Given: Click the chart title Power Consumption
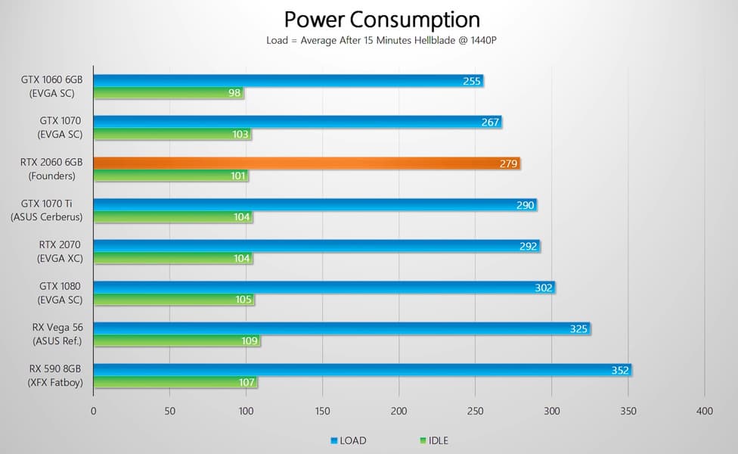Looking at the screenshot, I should pyautogui.click(x=382, y=19).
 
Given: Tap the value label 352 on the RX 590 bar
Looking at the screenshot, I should pyautogui.click(x=620, y=370).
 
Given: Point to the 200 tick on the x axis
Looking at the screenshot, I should pyautogui.click(x=399, y=412).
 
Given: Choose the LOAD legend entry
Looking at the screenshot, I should pyautogui.click(x=349, y=440).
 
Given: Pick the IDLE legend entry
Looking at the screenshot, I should pyautogui.click(x=433, y=440).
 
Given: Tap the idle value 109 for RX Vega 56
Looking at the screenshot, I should pyautogui.click(x=249, y=341).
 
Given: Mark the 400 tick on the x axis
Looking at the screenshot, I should pyautogui.click(x=704, y=412).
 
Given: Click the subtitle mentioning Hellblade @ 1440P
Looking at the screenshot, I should pyautogui.click(x=381, y=39).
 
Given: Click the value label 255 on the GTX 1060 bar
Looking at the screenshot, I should pyautogui.click(x=472, y=81).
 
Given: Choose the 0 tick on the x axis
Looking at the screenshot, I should pyautogui.click(x=94, y=412).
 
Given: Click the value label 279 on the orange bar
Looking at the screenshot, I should pyautogui.click(x=508, y=163).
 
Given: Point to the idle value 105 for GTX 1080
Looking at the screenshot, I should pyautogui.click(x=243, y=300).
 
